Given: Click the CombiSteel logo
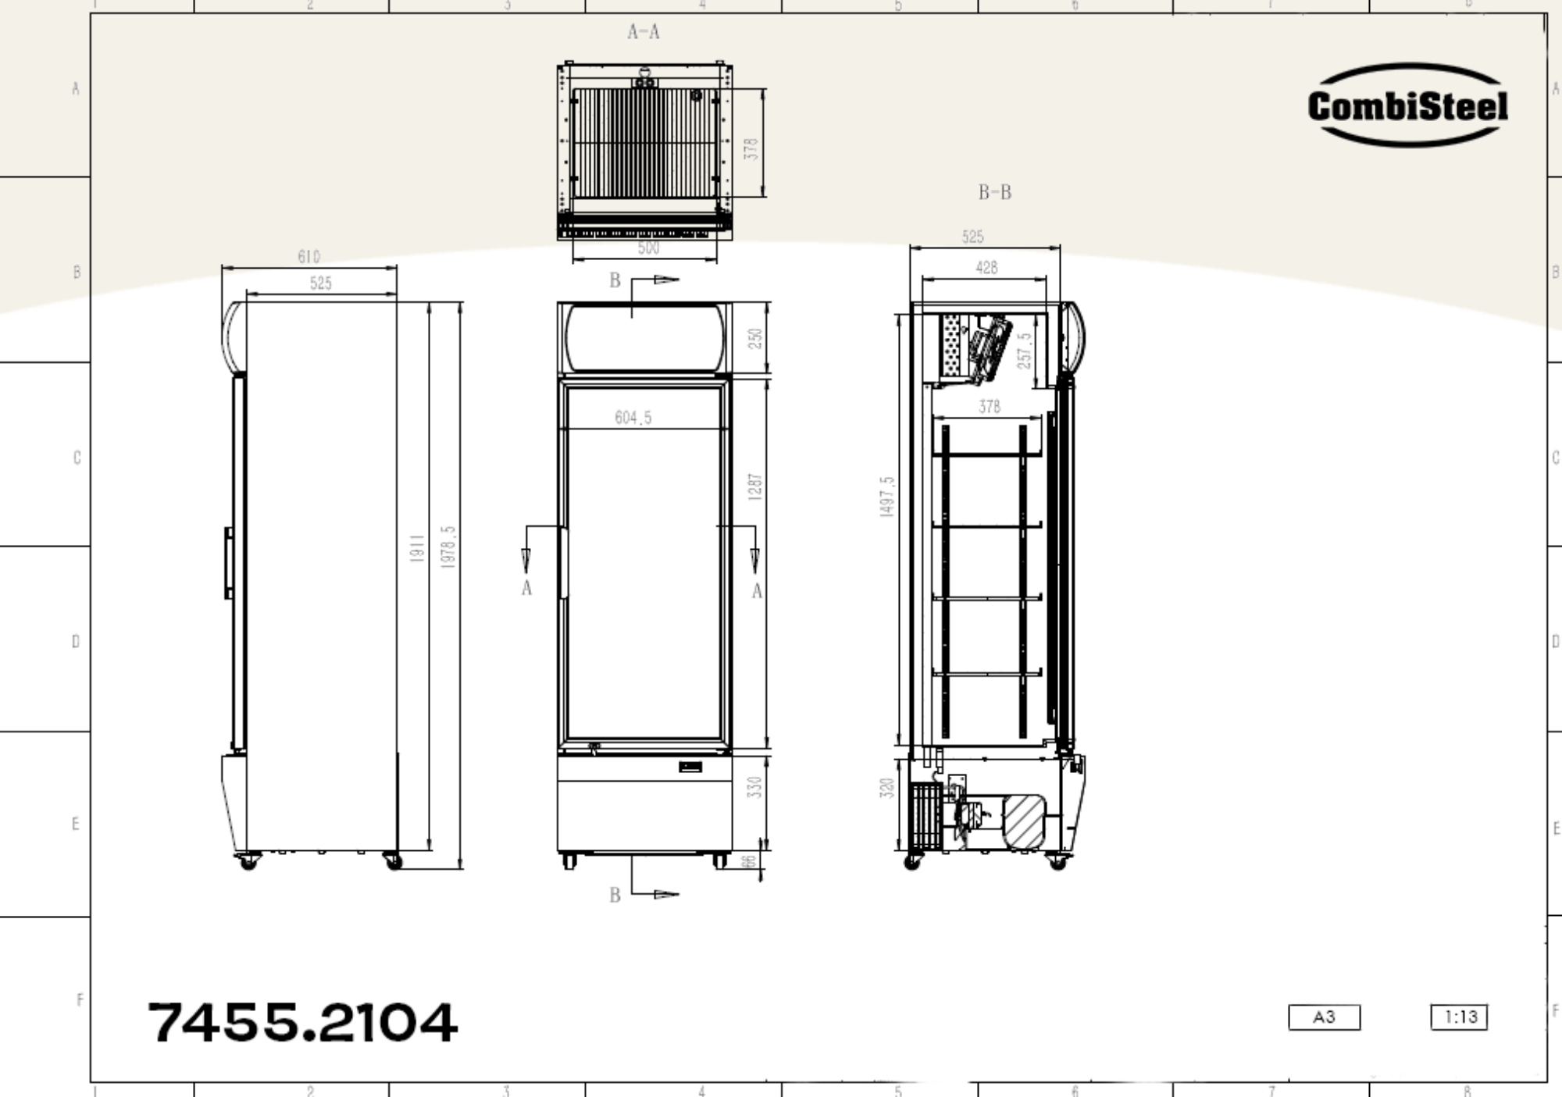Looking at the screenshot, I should pos(1407,105).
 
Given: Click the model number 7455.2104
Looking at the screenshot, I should pos(302,1022).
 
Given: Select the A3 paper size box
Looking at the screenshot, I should pos(1324,1017).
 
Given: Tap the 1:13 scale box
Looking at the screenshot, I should pos(1458,1017).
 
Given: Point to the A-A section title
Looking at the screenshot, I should pos(644,32).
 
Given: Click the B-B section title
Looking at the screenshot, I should pos(994,192).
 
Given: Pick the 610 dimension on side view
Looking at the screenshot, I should pos(308,257).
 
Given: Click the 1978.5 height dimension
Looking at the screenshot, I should pos(448,547).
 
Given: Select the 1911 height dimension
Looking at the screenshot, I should pos(417,548).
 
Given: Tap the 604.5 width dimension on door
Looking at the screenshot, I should pos(633,418).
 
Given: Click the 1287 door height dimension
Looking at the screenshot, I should pos(754,486).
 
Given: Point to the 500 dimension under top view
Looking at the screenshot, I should pos(648,248).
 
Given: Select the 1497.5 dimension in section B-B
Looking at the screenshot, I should pos(886,497).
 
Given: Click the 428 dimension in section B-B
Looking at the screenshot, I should pos(986,268).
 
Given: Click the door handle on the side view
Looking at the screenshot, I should pos(229,563).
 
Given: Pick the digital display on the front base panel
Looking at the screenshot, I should pos(690,767).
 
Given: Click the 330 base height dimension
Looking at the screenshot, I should pos(754,787).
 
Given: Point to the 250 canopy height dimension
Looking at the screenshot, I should pos(754,338).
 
